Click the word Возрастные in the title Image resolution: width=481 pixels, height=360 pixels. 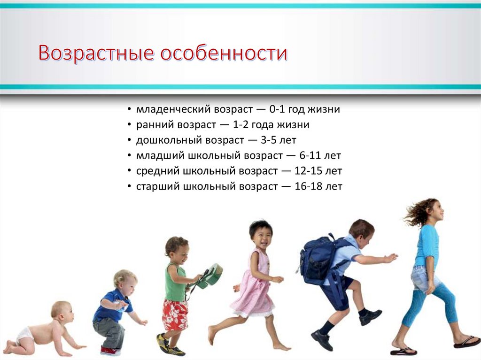(96, 54)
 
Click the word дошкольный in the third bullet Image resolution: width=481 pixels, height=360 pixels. (164, 140)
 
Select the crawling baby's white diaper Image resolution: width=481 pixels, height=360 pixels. (25, 334)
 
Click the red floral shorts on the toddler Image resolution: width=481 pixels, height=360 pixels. (175, 315)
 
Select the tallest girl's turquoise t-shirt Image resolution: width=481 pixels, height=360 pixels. (427, 245)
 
